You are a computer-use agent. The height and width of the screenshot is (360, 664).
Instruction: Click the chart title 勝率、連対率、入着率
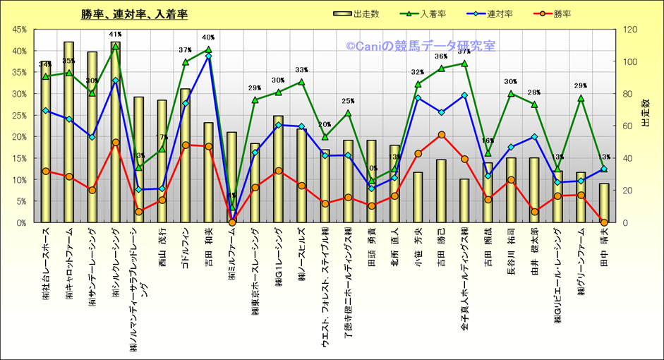(135, 15)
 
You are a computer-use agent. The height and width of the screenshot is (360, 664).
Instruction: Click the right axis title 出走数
(644, 113)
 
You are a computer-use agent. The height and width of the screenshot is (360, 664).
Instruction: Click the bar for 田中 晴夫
(604, 203)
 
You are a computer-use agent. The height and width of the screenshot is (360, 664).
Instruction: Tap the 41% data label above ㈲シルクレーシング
(115, 34)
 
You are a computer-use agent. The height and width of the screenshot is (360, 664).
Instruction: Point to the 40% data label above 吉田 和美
(208, 38)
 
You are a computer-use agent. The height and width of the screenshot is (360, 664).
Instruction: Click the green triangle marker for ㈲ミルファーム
(231, 207)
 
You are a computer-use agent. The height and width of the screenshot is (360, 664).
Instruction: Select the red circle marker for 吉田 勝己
(441, 134)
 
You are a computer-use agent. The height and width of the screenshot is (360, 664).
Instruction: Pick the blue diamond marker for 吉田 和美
(208, 56)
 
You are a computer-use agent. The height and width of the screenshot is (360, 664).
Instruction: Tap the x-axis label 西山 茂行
(162, 244)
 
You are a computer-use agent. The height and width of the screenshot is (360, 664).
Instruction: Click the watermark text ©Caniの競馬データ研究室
(421, 46)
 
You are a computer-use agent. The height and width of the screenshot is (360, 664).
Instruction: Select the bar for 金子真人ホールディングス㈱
(464, 200)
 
